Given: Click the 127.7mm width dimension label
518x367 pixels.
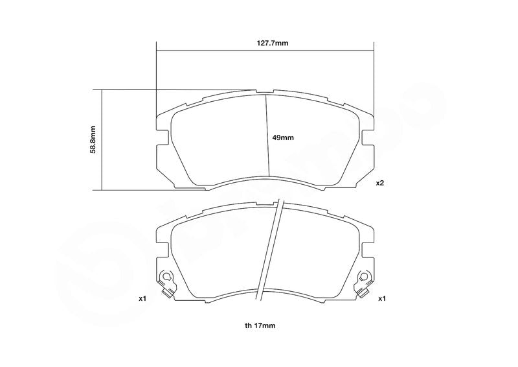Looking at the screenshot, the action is (273, 43).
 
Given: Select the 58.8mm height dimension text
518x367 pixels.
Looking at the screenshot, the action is (93, 139).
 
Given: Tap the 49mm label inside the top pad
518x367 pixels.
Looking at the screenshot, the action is (283, 137).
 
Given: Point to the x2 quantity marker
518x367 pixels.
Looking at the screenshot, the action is (380, 183).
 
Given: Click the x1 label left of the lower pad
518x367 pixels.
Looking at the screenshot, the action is (142, 299).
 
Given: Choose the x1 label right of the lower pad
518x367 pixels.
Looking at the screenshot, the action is (382, 299).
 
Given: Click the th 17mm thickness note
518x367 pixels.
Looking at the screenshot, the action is (260, 326).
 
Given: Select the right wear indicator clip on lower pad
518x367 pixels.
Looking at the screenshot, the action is (364, 283).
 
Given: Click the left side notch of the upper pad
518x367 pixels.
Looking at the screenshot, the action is (163, 137).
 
